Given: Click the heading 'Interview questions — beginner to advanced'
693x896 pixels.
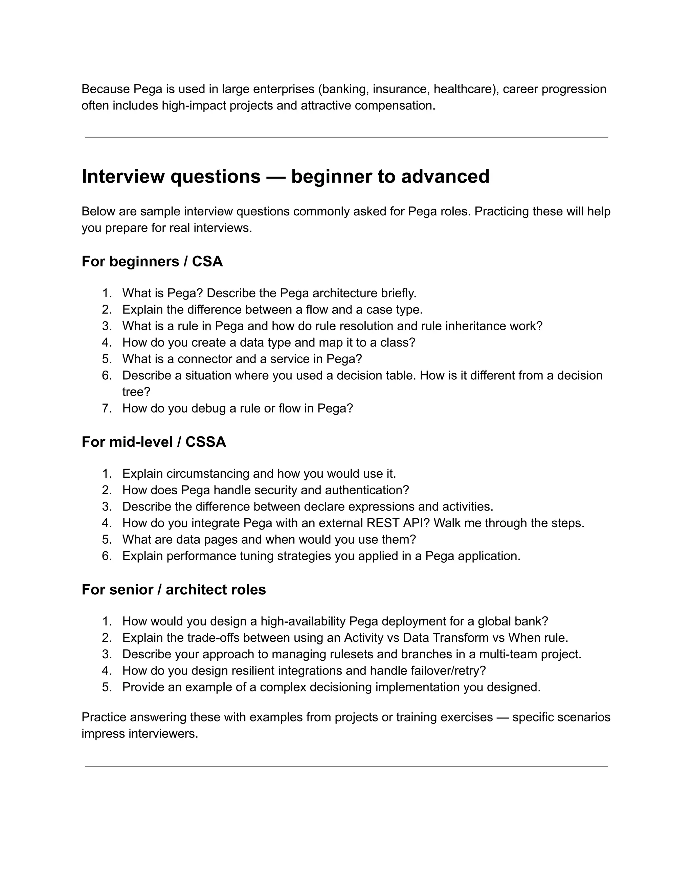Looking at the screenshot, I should click(x=285, y=177).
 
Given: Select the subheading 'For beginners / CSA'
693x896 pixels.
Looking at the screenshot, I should click(x=152, y=261).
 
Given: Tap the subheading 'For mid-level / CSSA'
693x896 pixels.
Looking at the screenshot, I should click(x=154, y=442).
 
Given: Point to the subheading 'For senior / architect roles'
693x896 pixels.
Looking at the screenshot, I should click(x=174, y=590).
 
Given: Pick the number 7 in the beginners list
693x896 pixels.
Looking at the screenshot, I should click(x=107, y=409).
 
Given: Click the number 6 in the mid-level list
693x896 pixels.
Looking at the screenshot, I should click(x=107, y=556).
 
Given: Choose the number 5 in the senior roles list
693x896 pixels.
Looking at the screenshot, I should click(x=107, y=687).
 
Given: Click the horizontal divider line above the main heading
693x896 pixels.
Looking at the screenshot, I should click(x=346, y=137).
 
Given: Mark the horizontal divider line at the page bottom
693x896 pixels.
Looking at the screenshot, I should click(x=346, y=767).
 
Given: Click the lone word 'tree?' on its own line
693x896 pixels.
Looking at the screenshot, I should click(x=136, y=392).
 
